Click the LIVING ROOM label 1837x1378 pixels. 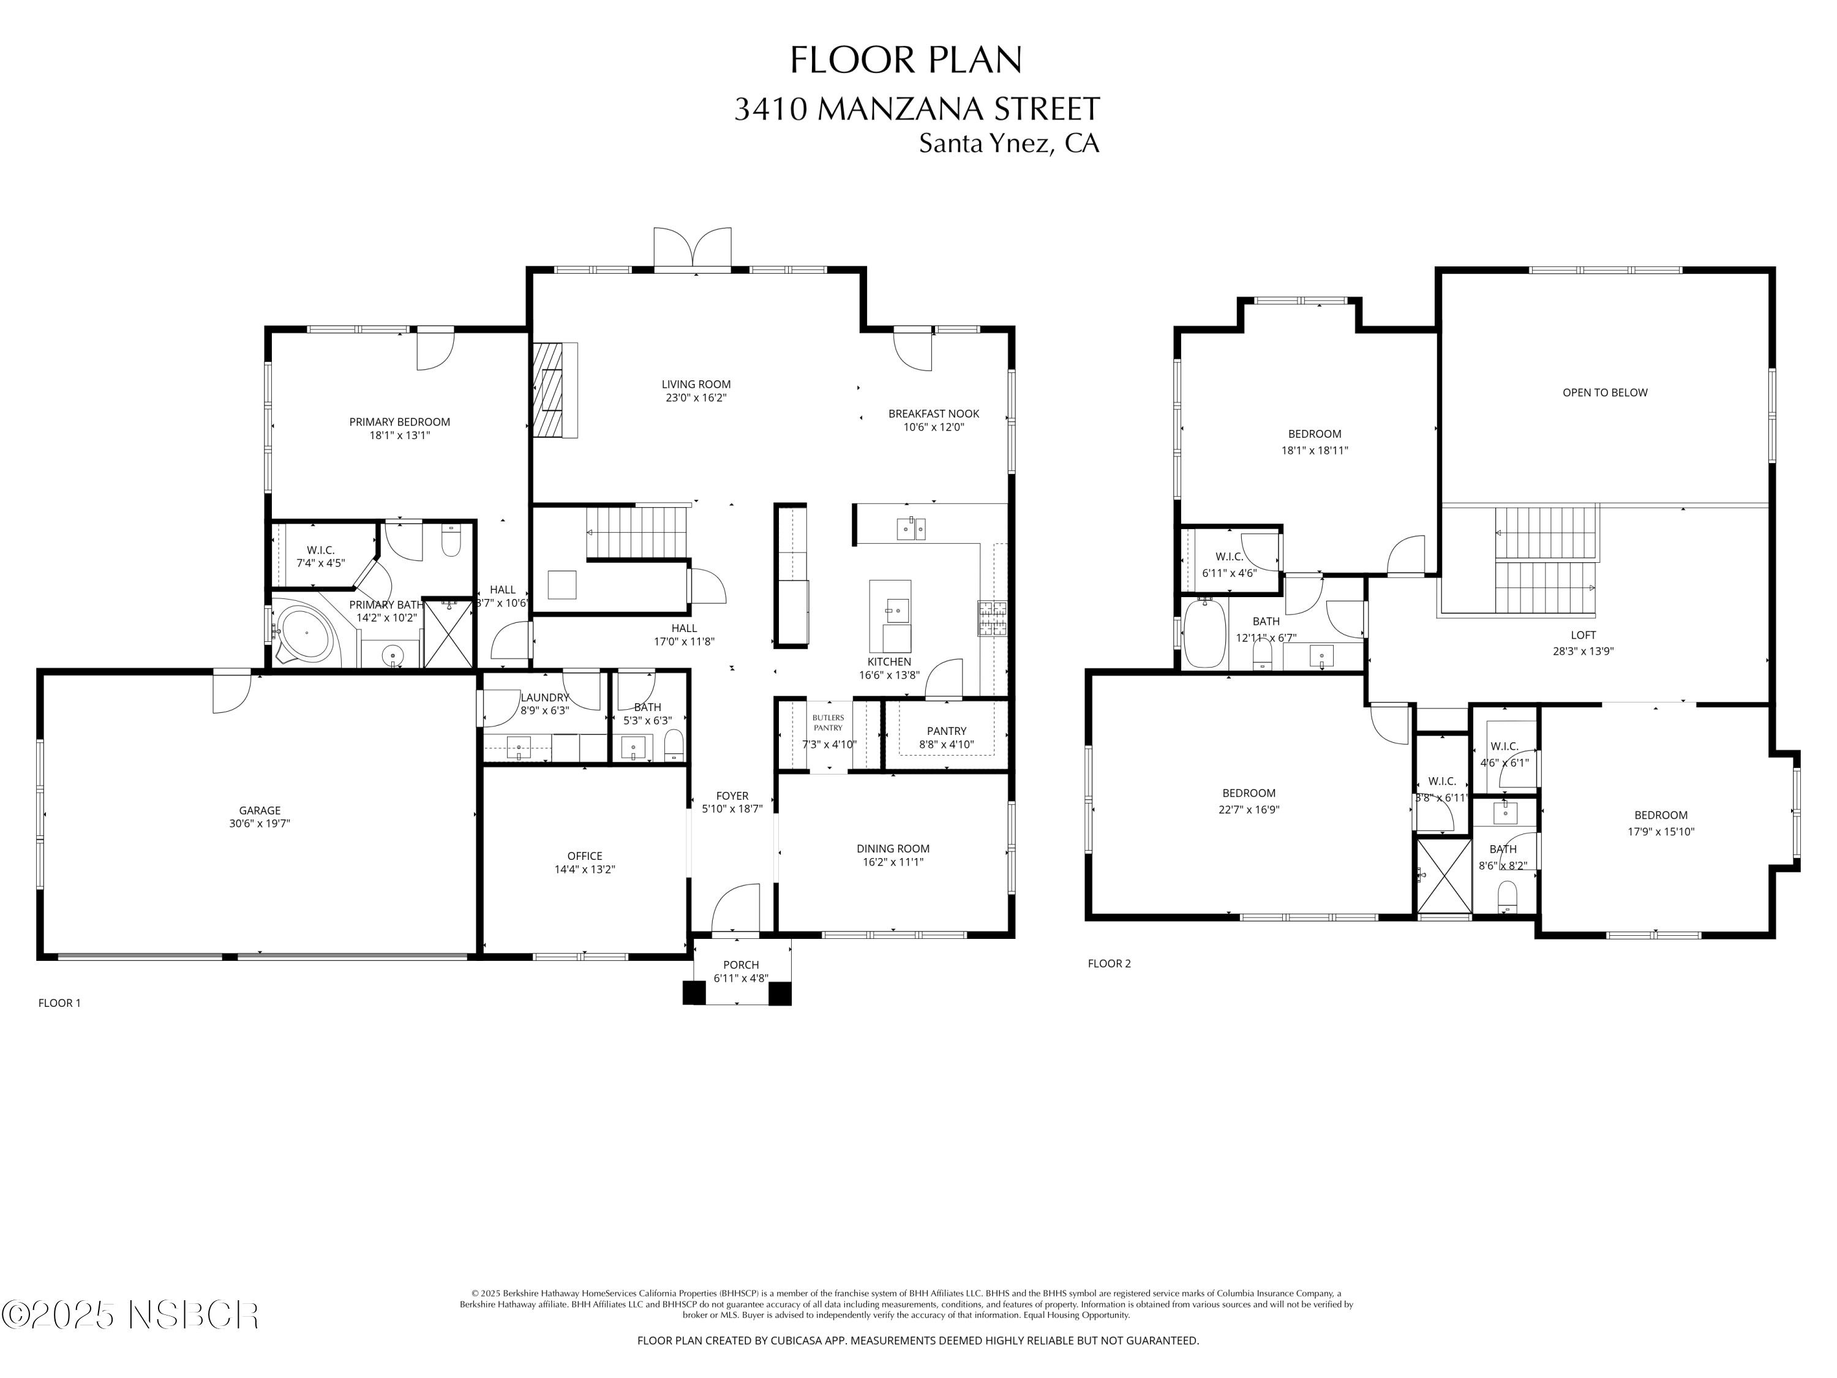[x=696, y=385]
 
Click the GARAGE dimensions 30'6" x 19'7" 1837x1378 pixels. [x=260, y=824]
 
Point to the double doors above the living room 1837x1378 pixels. [x=693, y=247]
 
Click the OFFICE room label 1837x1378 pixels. [x=585, y=856]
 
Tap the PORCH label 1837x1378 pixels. [x=741, y=965]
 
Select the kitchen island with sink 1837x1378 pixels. [x=890, y=616]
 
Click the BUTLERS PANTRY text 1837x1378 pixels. [x=828, y=723]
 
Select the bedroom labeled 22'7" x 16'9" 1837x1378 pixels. [x=1248, y=800]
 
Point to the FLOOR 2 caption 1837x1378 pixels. [x=1109, y=963]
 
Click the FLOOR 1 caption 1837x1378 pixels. [x=60, y=1003]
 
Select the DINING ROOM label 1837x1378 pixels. [x=893, y=848]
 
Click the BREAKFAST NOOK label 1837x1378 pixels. [x=933, y=413]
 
